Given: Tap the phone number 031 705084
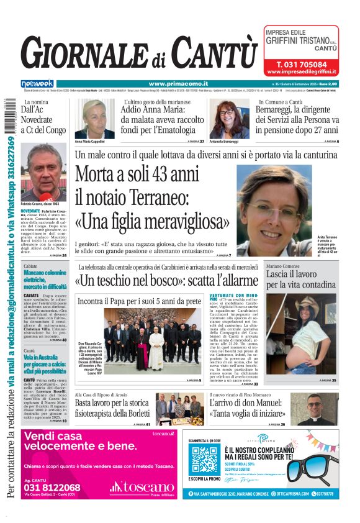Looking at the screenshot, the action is coord(302,64).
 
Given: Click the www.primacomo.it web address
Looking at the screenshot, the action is coord(178,83).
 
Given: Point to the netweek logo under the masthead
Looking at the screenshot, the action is coord(37,83).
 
